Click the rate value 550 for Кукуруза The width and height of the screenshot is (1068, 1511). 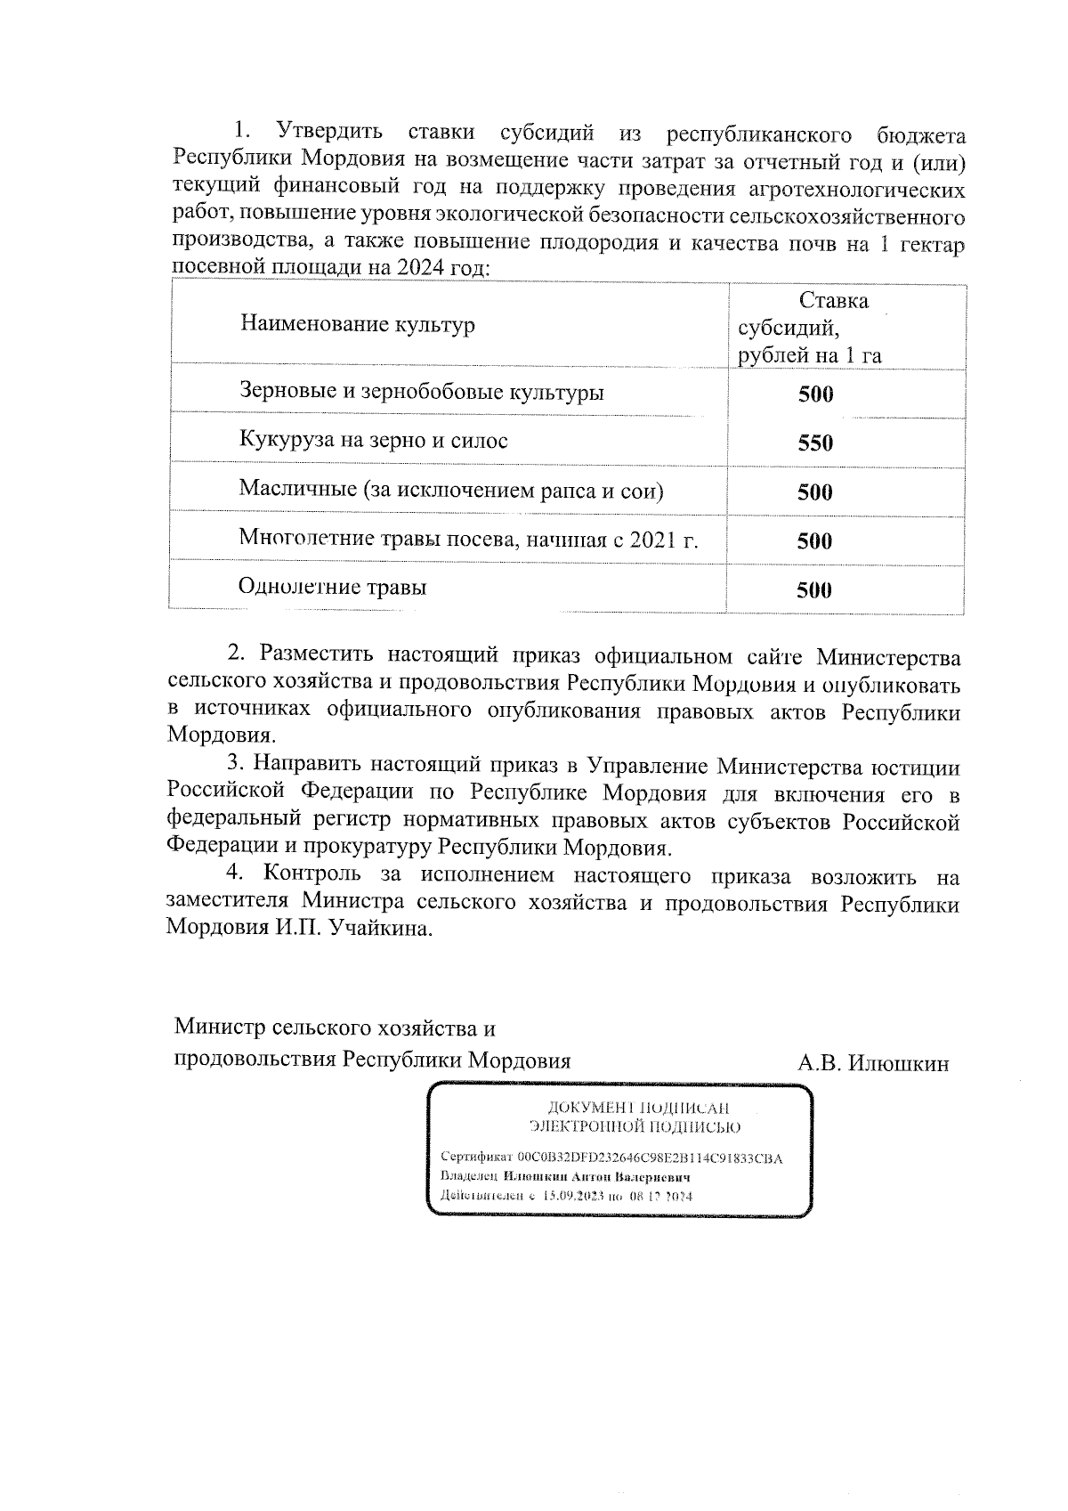click(x=814, y=443)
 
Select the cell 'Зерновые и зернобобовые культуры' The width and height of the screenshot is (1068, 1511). click(x=421, y=392)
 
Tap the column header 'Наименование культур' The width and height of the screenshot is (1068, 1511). click(x=357, y=324)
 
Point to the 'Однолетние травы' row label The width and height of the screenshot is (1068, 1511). click(x=332, y=587)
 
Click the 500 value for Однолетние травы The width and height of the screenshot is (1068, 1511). click(x=814, y=589)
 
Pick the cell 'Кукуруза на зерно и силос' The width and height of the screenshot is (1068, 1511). click(x=373, y=441)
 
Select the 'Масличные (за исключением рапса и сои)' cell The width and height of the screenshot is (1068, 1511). click(x=451, y=491)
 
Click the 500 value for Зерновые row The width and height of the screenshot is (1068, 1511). click(x=815, y=394)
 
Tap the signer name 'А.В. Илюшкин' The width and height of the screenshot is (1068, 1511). click(x=873, y=1063)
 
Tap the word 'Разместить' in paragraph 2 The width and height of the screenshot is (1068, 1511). click(x=311, y=655)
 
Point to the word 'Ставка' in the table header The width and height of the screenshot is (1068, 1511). click(x=833, y=301)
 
